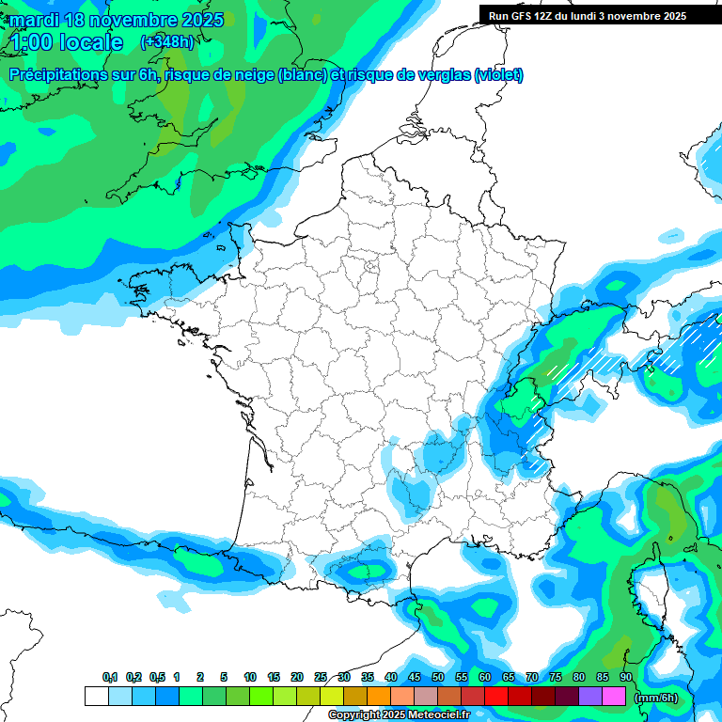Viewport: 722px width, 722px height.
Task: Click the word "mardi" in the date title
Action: coord(34,20)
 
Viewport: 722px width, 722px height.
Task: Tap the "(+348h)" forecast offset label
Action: coord(166,41)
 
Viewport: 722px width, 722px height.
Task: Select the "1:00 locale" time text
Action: coord(68,42)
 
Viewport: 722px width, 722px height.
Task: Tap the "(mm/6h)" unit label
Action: coord(656,698)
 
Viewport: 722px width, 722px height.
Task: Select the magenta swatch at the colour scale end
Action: coord(614,697)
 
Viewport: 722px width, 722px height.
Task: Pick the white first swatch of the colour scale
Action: coord(97,697)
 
